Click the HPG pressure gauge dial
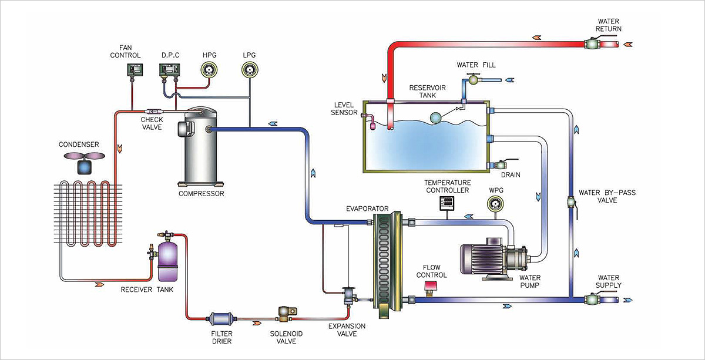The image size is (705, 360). (208, 70)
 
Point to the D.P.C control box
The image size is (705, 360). (169, 70)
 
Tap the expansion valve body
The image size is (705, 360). (350, 294)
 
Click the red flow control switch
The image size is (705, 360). (432, 287)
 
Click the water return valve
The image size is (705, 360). (592, 43)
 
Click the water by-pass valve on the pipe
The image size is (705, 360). (572, 203)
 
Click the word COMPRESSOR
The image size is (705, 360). (201, 193)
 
